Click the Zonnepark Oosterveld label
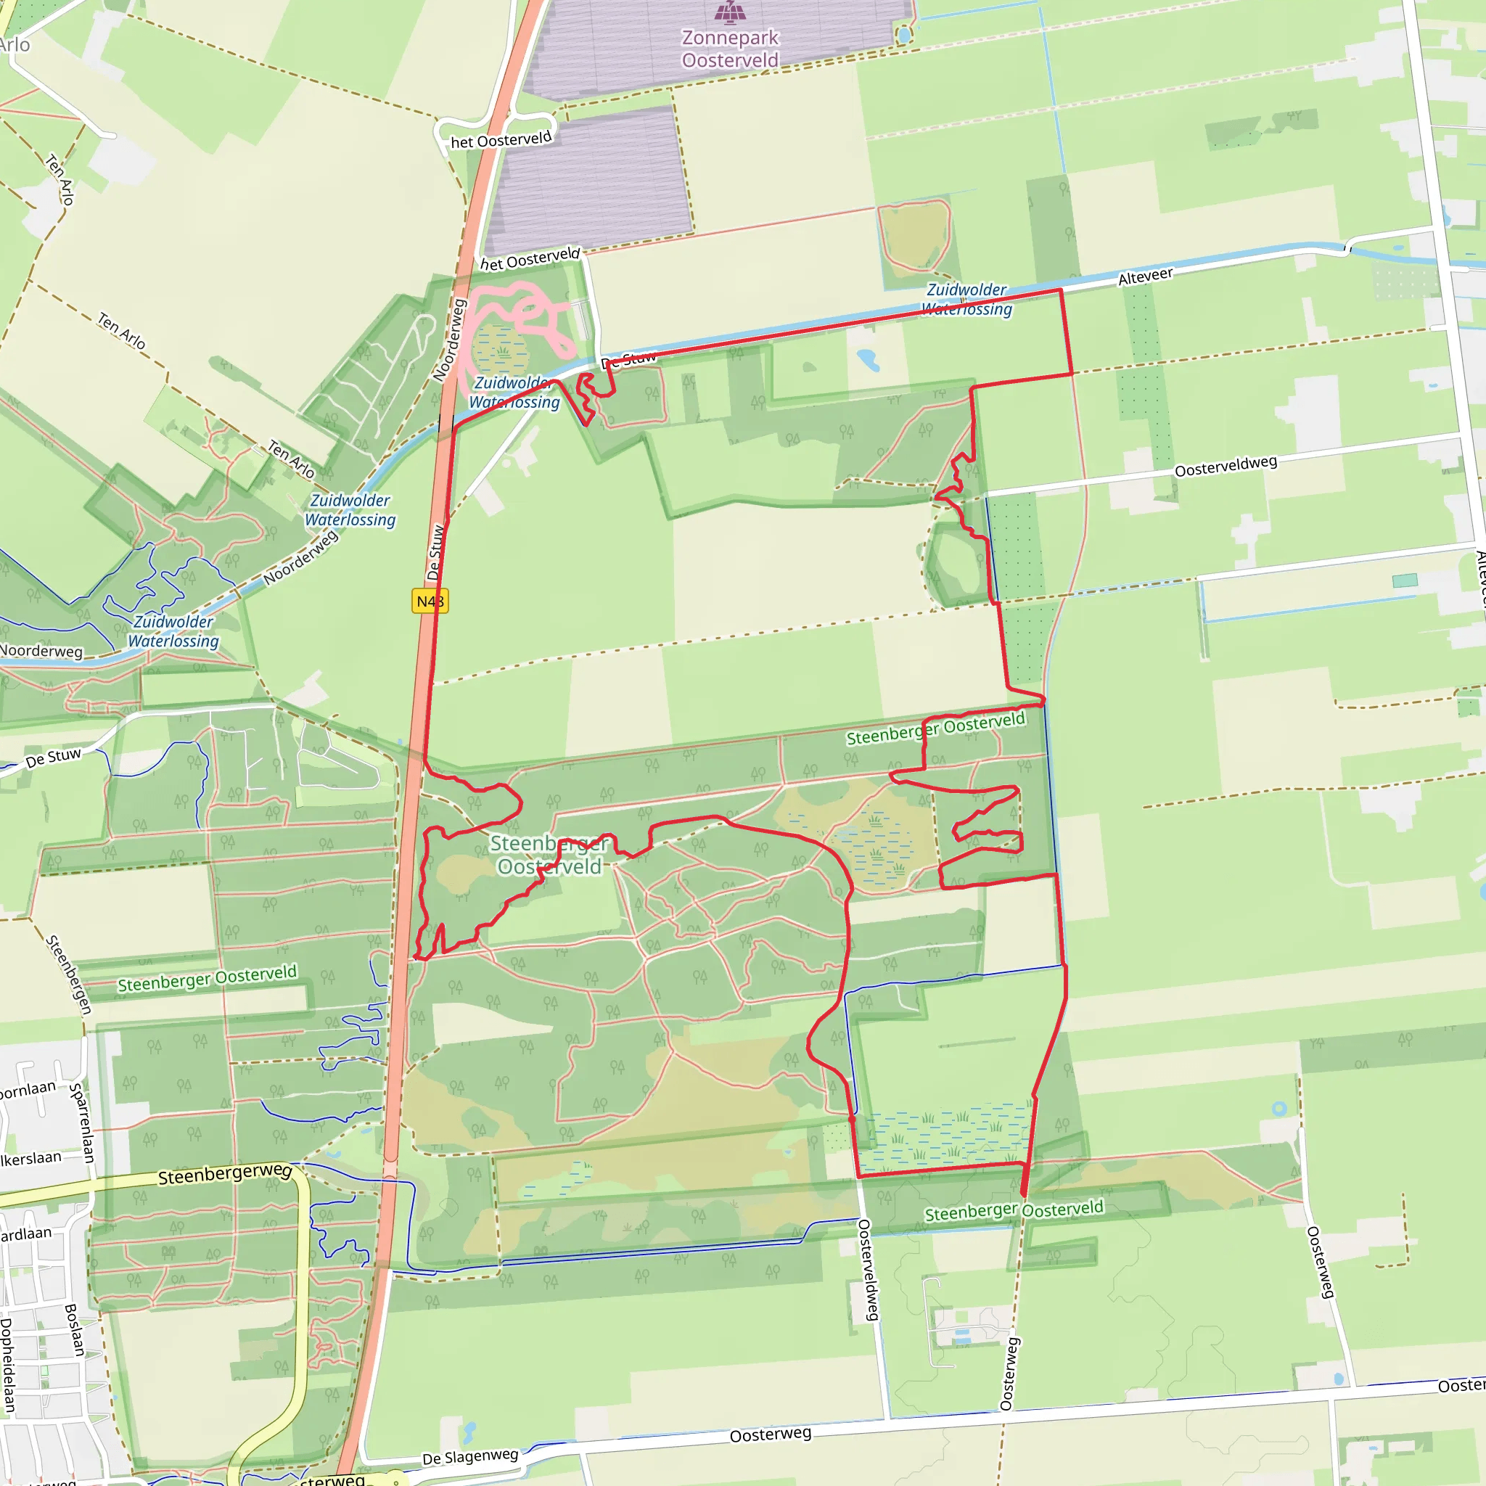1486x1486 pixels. point(730,49)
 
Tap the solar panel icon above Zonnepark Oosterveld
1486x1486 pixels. point(730,12)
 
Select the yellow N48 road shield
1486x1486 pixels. point(430,601)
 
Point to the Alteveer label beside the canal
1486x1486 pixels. point(1145,277)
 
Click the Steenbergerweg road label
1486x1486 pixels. point(225,1174)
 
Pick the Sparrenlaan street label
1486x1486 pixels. point(81,1122)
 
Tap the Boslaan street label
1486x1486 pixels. point(74,1329)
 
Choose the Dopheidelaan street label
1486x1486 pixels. point(8,1366)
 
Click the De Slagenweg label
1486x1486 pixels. point(470,1457)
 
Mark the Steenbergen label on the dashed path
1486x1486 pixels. point(69,974)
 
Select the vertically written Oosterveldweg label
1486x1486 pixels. point(869,1270)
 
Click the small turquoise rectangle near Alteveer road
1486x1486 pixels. point(1405,580)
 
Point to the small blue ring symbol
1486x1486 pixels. point(1279,1109)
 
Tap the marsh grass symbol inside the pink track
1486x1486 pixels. point(502,351)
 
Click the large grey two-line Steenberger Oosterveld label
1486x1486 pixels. point(549,855)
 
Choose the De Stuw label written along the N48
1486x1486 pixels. point(435,551)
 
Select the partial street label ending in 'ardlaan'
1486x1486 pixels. point(26,1234)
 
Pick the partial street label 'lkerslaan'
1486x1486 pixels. point(30,1158)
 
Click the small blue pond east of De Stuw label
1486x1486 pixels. point(867,358)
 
